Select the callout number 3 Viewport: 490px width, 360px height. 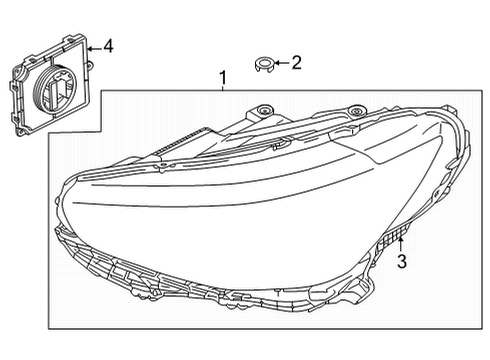coord(401,262)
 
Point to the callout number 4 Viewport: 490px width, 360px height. coord(108,46)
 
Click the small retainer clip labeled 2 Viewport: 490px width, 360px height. coord(264,66)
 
